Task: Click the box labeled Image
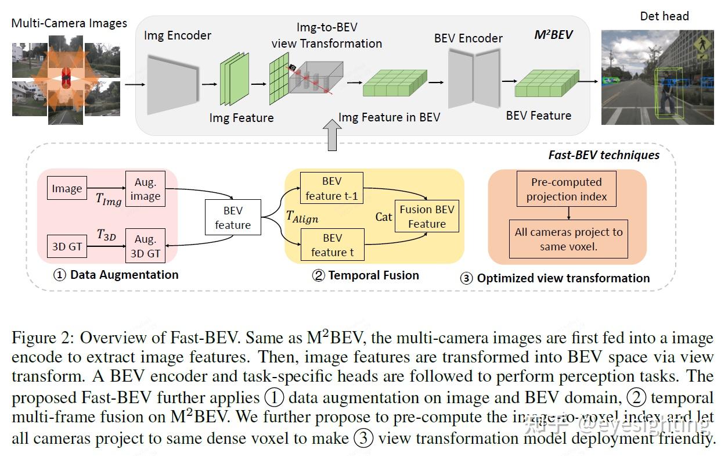(67, 189)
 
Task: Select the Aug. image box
(145, 189)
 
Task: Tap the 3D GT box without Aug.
(67, 246)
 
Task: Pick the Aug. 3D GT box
(145, 246)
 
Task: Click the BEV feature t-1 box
(332, 188)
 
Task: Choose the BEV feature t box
(332, 245)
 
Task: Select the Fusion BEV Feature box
(427, 217)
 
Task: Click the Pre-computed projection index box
(567, 189)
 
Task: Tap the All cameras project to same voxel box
(568, 239)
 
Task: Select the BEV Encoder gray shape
(474, 78)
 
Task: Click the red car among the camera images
(66, 76)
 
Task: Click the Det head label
(664, 16)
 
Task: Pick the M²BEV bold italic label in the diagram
(553, 35)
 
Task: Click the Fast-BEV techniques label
(604, 155)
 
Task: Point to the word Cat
(384, 217)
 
